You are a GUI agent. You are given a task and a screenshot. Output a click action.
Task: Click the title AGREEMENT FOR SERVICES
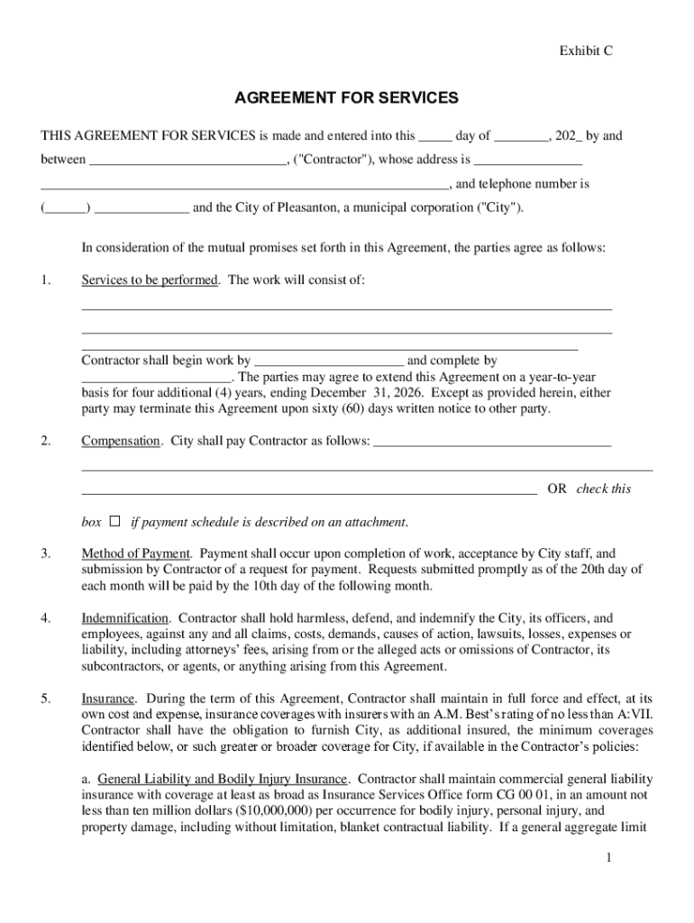[347, 97]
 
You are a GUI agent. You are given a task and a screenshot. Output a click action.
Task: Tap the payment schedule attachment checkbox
[114, 521]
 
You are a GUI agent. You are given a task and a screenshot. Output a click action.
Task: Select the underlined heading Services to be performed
[150, 280]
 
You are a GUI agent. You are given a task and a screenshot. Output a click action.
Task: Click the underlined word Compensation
[121, 441]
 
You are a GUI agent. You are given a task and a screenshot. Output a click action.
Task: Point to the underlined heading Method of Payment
[136, 553]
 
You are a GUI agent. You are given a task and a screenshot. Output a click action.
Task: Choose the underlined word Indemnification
[125, 618]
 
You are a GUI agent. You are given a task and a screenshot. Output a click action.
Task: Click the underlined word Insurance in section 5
[108, 699]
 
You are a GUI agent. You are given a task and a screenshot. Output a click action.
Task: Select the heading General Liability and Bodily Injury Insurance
[222, 779]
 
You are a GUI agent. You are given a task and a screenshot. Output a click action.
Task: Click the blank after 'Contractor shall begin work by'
[328, 361]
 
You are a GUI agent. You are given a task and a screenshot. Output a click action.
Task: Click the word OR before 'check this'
[557, 489]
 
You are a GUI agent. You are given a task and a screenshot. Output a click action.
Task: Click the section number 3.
[45, 553]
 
